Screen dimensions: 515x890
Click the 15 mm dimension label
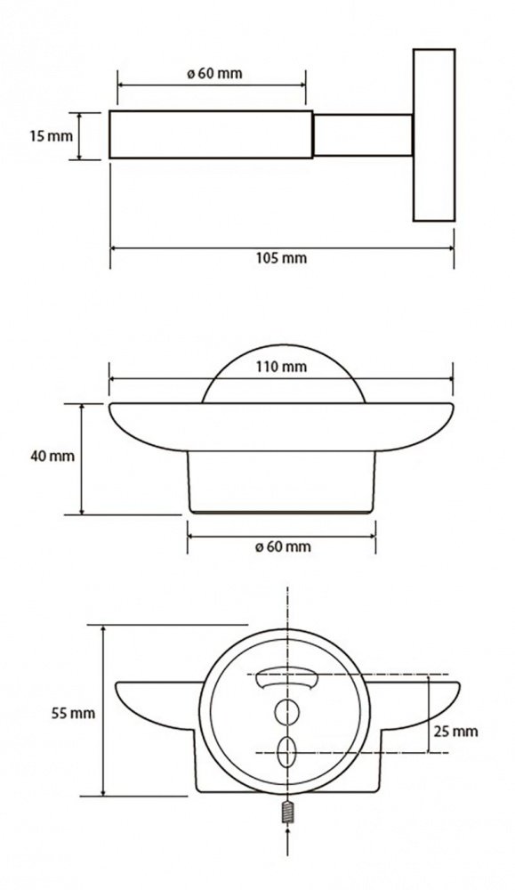52,136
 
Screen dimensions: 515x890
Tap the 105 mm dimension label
281,258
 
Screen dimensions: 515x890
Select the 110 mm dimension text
281,367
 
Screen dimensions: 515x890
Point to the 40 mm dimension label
52,456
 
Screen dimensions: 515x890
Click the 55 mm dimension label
73,714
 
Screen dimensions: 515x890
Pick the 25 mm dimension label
455,731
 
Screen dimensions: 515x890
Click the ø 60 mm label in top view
214,73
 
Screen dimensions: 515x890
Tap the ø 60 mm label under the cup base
283,546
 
